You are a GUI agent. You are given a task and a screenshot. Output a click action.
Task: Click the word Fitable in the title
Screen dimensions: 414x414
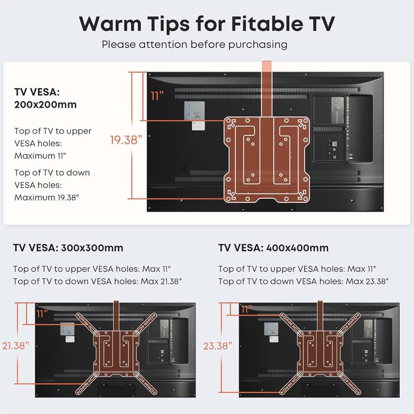(267, 24)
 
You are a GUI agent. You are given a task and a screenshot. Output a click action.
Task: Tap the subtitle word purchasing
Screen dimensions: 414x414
(258, 45)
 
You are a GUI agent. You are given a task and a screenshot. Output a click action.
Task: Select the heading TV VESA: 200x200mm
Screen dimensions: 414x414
(46, 98)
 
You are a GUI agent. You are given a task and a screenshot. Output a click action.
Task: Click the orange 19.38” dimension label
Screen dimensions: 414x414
(126, 140)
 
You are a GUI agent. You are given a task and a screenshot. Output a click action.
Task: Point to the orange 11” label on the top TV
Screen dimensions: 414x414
(157, 96)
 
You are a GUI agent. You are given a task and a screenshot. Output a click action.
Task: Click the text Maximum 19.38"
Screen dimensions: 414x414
(47, 197)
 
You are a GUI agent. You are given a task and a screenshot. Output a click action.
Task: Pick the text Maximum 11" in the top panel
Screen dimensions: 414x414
(40, 156)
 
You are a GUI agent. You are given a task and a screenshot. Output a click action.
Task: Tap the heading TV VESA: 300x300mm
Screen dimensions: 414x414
(68, 248)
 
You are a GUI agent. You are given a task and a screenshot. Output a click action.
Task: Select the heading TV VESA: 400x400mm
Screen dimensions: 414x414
(273, 248)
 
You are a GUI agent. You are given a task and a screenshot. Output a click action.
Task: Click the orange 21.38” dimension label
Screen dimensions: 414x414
(15, 345)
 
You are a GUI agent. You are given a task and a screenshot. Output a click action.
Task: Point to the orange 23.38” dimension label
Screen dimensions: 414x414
(218, 346)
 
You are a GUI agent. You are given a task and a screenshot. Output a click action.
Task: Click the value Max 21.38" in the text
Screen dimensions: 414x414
(161, 282)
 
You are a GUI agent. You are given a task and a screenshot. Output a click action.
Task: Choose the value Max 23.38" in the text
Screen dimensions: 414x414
(367, 282)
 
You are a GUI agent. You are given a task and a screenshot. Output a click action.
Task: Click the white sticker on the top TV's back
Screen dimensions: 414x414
(198, 125)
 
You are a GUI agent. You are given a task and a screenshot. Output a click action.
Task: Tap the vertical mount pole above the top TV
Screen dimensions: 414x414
(267, 89)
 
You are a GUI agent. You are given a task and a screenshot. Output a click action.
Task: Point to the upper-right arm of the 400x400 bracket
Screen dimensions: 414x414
(348, 325)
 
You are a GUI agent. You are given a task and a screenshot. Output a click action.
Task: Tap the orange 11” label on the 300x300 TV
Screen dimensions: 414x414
(42, 314)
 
